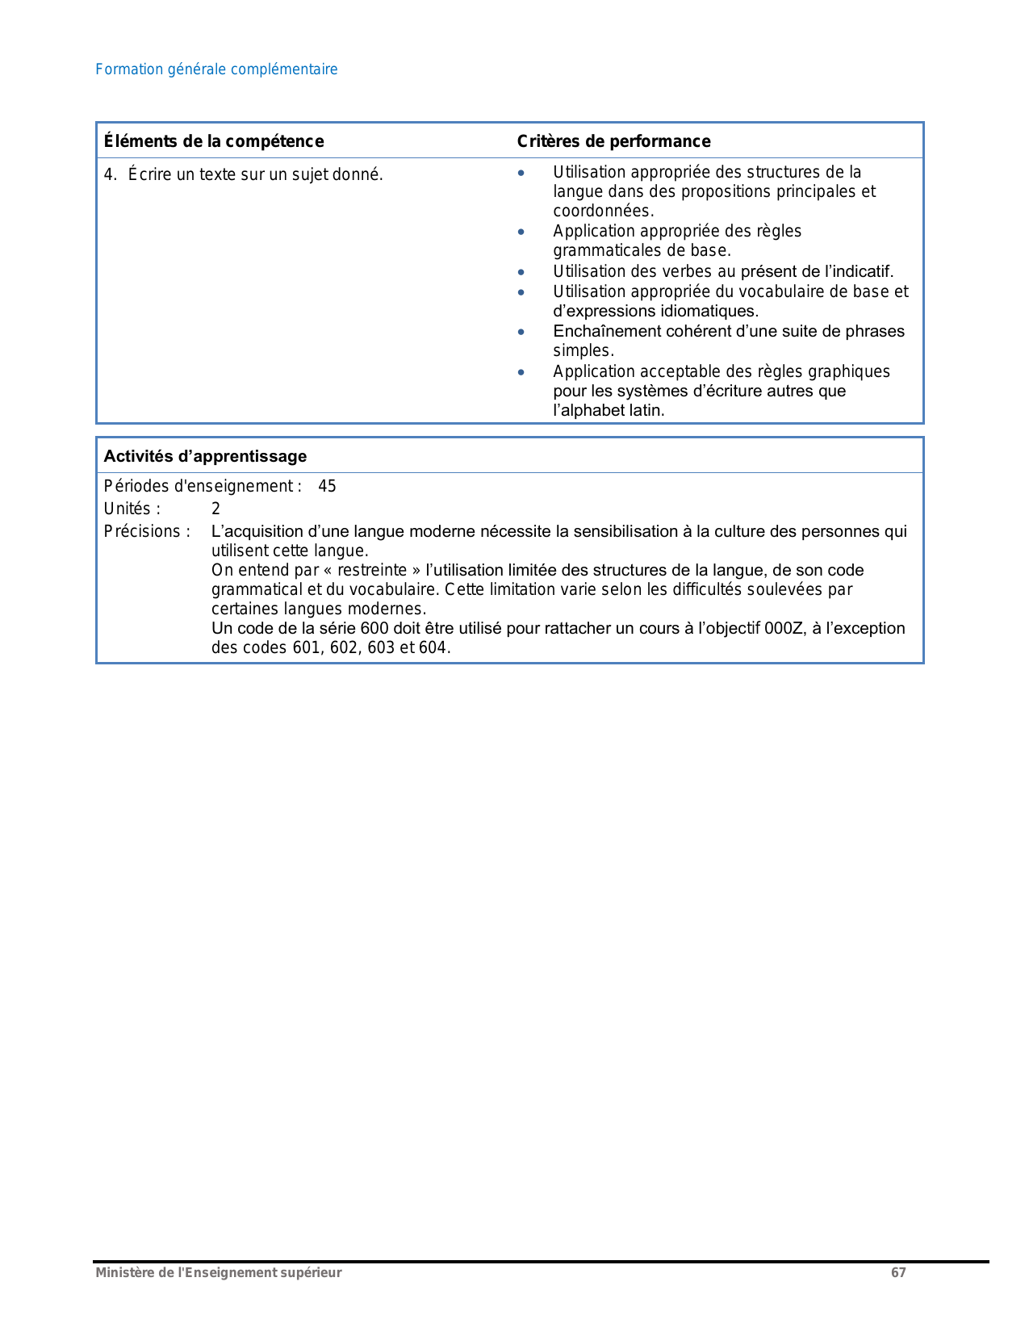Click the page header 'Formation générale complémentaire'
[216, 69]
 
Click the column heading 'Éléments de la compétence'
[214, 141]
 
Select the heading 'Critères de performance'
[613, 141]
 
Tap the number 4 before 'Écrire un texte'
[108, 174]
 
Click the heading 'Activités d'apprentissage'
[205, 456]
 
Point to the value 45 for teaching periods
[327, 486]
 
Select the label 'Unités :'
[132, 509]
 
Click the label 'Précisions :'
[147, 531]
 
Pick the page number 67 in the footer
[898, 1272]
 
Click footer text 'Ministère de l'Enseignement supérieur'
[219, 1272]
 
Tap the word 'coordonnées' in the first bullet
[602, 211]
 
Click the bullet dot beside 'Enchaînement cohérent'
[521, 332]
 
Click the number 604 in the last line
[433, 647]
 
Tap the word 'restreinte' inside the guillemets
[372, 570]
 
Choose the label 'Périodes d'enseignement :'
[203, 486]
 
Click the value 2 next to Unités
[215, 509]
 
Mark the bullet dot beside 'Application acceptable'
[521, 372]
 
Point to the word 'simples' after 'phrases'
[582, 350]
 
